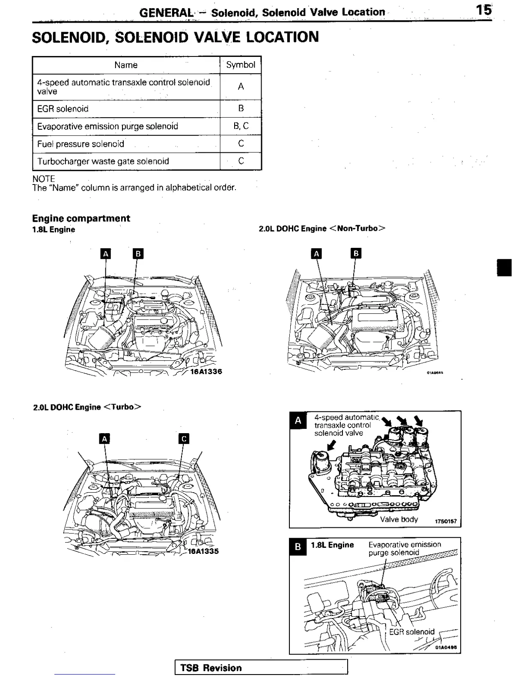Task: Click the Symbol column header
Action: pos(241,65)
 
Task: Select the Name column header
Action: pos(126,65)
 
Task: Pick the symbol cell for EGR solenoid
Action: pos(241,109)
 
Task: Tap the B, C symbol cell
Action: pos(241,126)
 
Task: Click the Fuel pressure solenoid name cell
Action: pos(81,144)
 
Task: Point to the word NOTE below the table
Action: pos(44,178)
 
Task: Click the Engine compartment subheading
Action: pos(81,218)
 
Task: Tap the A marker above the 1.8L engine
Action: pos(105,254)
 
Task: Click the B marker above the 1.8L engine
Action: pos(138,254)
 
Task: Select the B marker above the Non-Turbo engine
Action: pos(356,253)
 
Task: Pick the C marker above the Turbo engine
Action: pos(184,439)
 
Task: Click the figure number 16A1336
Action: pos(206,372)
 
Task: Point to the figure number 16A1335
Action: pos(203,551)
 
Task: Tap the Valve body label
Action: pos(399,520)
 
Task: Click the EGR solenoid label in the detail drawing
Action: pos(411,632)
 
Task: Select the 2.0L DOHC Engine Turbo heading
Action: pos(87,407)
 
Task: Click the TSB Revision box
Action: pos(261,668)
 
